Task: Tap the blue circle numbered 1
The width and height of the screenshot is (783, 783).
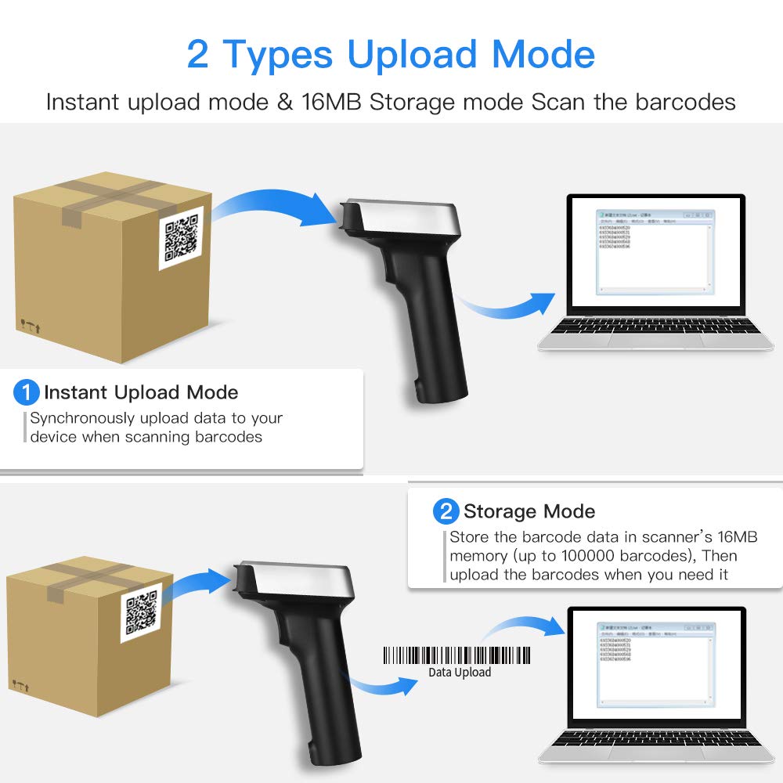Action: coord(27,391)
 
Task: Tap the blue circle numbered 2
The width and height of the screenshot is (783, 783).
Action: coord(446,512)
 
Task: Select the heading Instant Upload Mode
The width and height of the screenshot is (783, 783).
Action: coord(141,392)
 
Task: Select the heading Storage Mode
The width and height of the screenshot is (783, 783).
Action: coord(529,512)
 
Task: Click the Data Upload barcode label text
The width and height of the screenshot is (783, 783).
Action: coord(460,672)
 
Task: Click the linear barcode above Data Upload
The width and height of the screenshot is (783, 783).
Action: coord(456,655)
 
